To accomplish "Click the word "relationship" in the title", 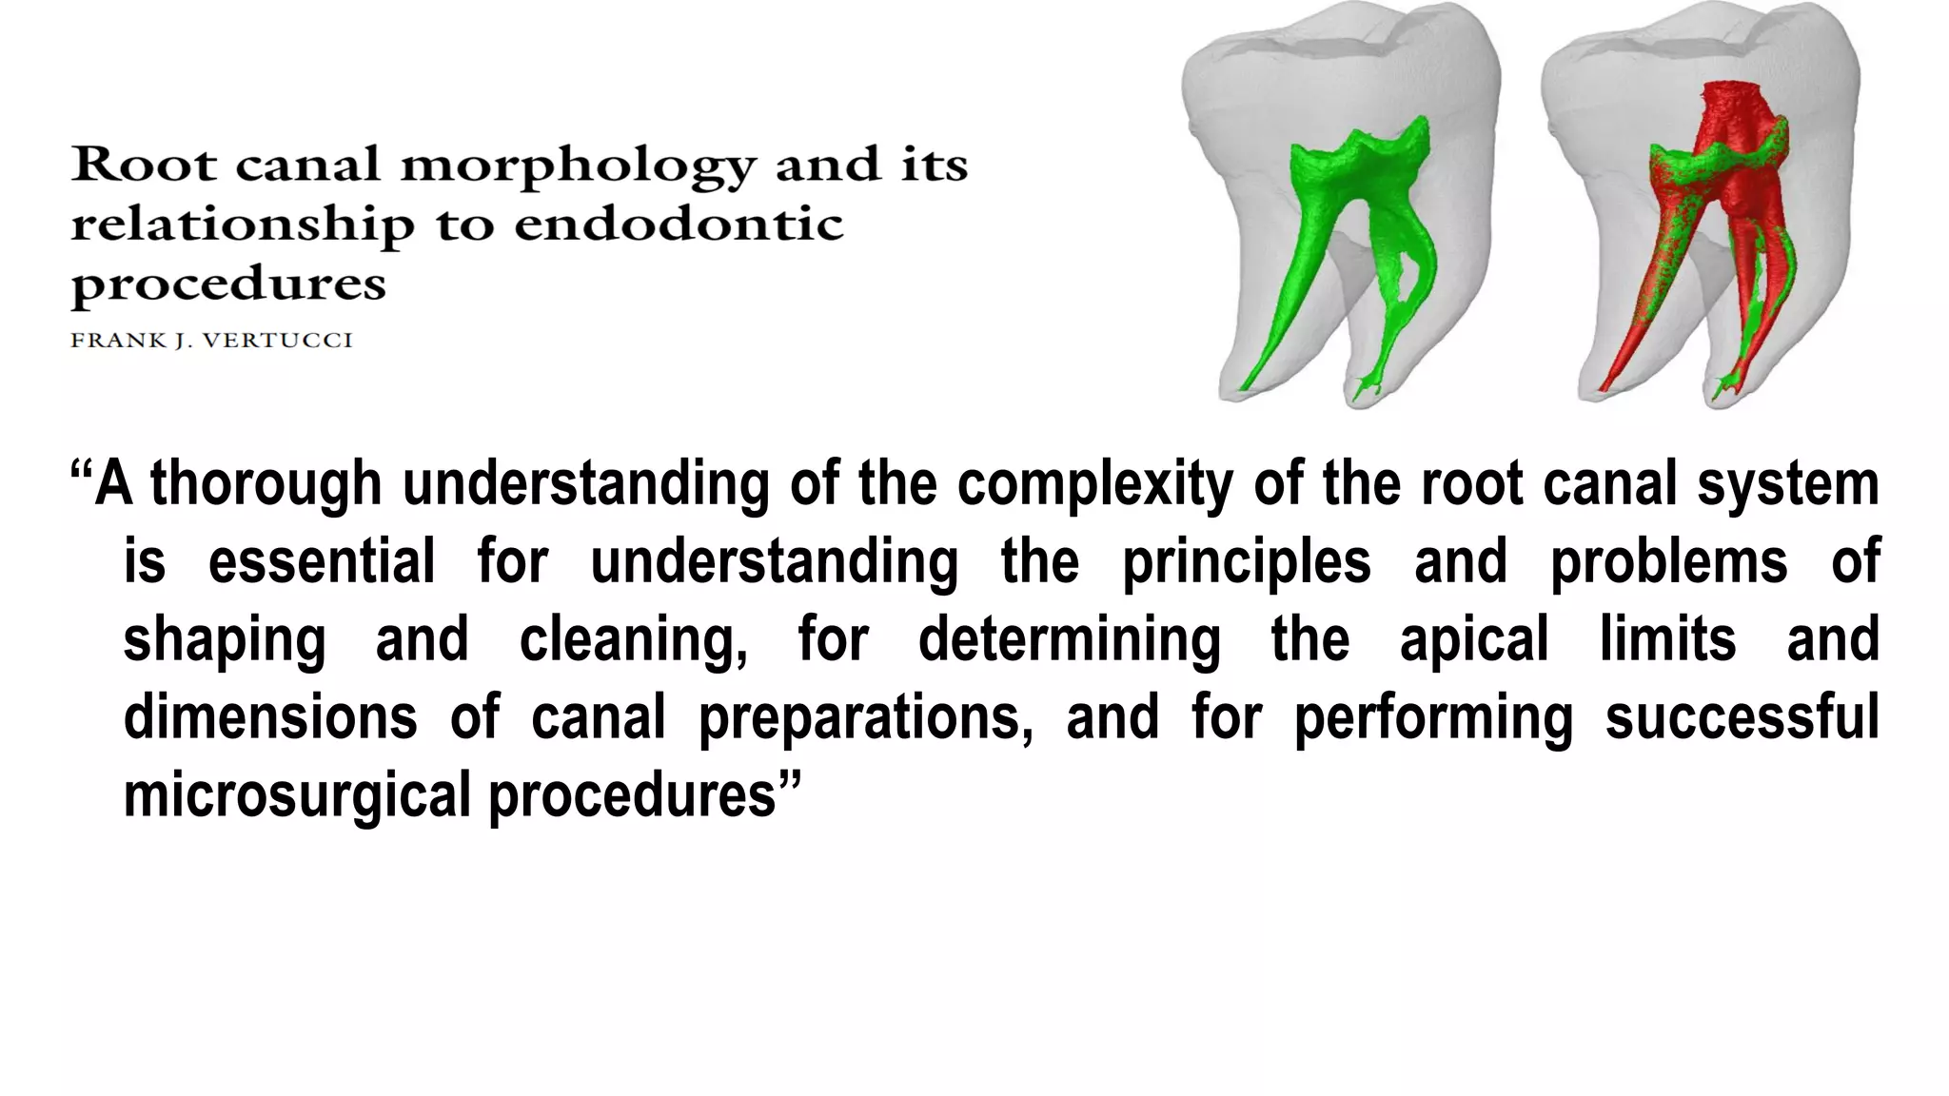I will click(x=243, y=225).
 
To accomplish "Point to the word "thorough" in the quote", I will click(x=266, y=483).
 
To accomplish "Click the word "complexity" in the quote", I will click(x=1094, y=483).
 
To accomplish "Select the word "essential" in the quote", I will click(x=321, y=561).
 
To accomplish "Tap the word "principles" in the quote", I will click(x=1246, y=561).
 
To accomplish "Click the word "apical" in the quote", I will click(x=1474, y=639).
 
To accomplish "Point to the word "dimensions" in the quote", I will click(x=270, y=717).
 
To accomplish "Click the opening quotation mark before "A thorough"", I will click(x=82, y=472).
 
